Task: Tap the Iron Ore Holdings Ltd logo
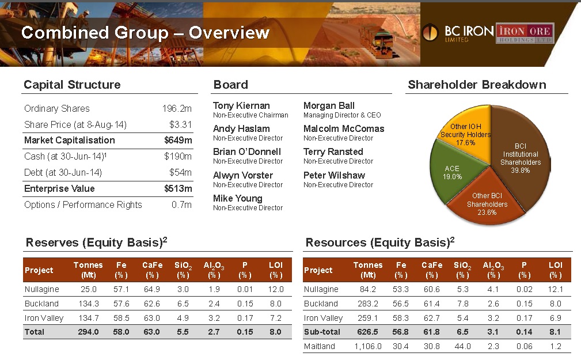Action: (x=525, y=32)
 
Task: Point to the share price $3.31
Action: (x=180, y=124)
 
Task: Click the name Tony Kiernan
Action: (x=241, y=106)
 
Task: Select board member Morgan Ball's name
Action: (x=329, y=106)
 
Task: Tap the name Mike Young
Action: (x=237, y=199)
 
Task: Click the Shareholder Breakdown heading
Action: (x=477, y=85)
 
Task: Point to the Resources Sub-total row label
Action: (x=322, y=332)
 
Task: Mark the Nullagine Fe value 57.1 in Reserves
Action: (x=120, y=289)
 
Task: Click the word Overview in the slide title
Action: (x=229, y=33)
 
